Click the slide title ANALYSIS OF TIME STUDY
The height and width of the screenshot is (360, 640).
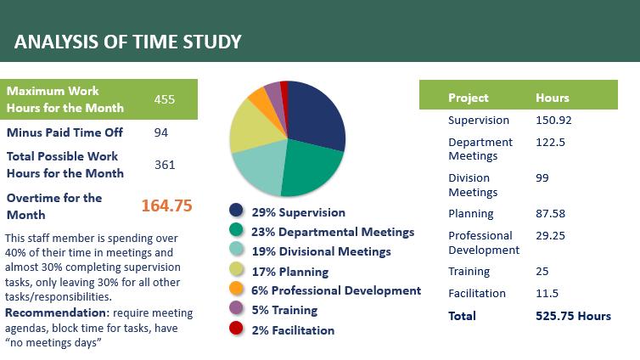point(127,42)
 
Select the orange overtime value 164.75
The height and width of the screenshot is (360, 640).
point(166,205)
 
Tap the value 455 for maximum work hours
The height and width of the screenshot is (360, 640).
point(165,99)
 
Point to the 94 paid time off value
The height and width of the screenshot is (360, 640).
point(161,132)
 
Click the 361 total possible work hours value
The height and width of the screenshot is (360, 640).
point(165,165)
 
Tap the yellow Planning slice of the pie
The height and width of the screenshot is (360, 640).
point(250,127)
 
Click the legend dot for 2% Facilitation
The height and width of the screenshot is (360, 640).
point(236,330)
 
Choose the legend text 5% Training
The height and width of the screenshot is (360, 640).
point(284,311)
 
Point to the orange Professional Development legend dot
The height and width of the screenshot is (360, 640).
point(236,290)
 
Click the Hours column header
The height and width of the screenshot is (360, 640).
point(553,98)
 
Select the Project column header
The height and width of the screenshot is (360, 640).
point(469,98)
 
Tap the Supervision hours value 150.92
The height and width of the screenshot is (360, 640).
point(554,120)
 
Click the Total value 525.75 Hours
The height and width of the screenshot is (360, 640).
point(573,316)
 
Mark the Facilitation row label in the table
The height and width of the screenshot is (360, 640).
point(477,294)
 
